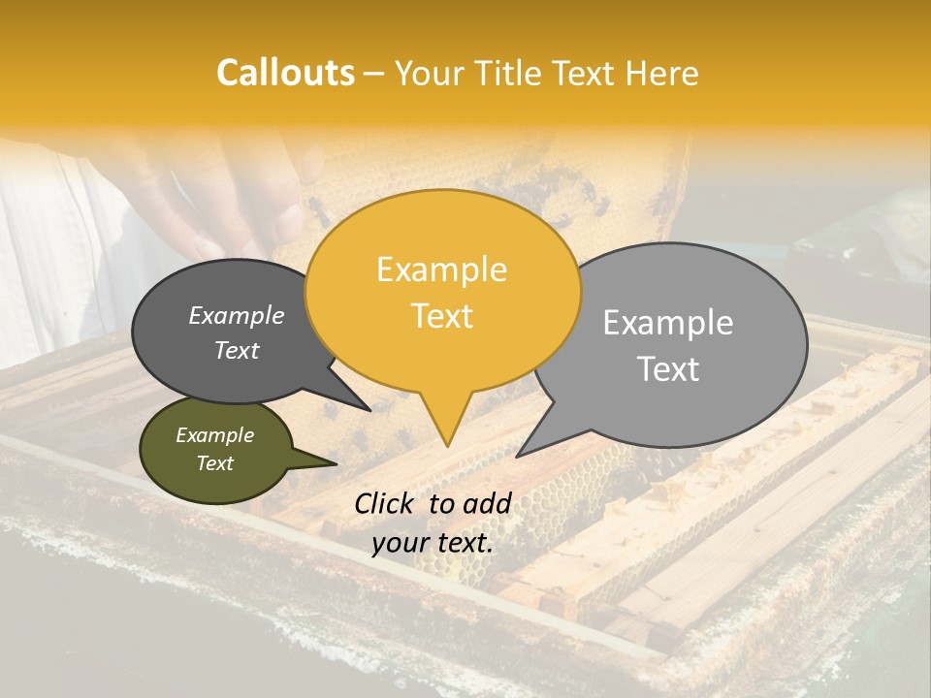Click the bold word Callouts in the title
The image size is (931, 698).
click(x=285, y=73)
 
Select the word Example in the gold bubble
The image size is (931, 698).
click(x=441, y=270)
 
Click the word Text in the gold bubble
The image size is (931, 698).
click(x=441, y=316)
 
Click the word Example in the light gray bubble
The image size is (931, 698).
click(x=667, y=323)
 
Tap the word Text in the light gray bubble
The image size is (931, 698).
click(x=667, y=369)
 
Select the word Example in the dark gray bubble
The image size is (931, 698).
click(x=236, y=315)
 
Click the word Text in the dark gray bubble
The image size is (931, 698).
click(x=236, y=350)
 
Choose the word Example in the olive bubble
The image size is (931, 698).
click(x=214, y=435)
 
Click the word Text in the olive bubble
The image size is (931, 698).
click(x=214, y=463)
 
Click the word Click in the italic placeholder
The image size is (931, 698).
click(x=387, y=503)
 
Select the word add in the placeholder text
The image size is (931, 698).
click(x=487, y=503)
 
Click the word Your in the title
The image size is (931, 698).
click(x=430, y=74)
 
